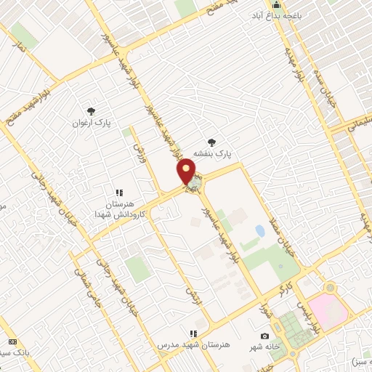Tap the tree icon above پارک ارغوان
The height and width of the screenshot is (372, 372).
click(x=91, y=110)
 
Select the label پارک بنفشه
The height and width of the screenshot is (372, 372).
click(x=212, y=155)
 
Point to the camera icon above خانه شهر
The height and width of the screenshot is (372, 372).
click(x=264, y=336)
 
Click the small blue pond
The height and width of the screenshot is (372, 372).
click(x=260, y=231)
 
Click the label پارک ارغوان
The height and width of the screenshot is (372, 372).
click(x=90, y=124)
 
